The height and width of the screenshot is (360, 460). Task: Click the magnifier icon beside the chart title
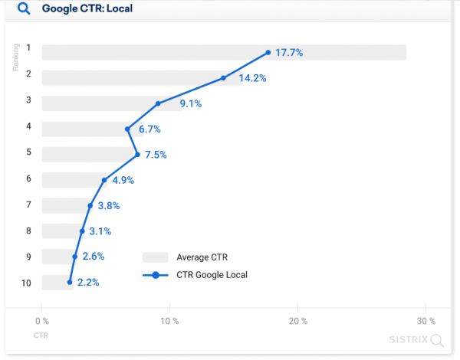coord(23,9)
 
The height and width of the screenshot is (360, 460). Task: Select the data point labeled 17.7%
coord(268,53)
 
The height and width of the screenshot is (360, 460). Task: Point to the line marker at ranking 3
coord(158,103)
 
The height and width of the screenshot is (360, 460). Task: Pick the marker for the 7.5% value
coord(137,155)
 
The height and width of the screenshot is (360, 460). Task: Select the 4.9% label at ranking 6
coord(123,181)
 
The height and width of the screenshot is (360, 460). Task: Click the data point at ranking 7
coord(90,205)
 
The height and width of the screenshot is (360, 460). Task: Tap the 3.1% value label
coord(100,231)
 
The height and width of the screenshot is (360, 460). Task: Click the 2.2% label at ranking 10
coord(87,283)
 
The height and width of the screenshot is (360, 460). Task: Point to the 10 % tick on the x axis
coord(169,321)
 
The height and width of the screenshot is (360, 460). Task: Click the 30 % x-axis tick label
coord(426,321)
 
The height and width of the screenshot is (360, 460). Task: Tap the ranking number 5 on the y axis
coord(28,152)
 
